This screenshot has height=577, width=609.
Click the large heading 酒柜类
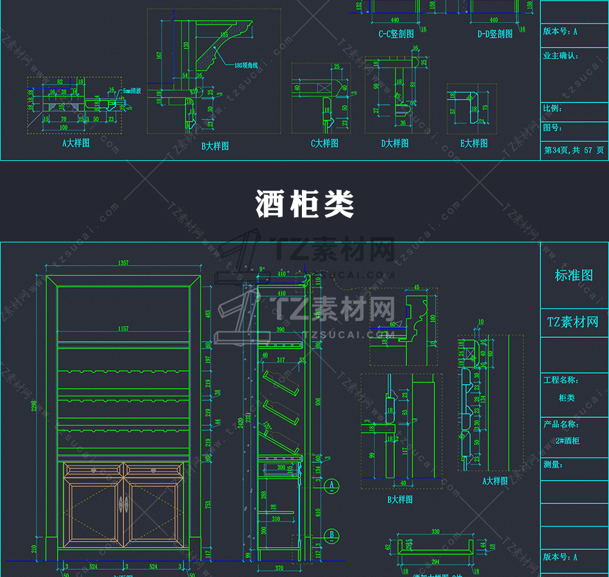(305, 205)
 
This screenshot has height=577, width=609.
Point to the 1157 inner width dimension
(123, 329)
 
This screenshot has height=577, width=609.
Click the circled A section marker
(331, 485)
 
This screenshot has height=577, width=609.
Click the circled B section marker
(331, 534)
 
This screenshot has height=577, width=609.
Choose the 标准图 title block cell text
(574, 276)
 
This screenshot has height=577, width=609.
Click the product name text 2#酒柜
(568, 441)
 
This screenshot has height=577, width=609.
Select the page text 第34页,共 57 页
(574, 150)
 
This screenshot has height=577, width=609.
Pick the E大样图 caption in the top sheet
(474, 144)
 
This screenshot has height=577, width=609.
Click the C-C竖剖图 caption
(396, 34)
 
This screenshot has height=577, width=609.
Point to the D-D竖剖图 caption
(495, 34)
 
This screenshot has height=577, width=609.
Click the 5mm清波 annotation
(133, 91)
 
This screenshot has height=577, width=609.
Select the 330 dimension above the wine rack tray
(435, 531)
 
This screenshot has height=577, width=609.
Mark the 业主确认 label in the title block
(560, 56)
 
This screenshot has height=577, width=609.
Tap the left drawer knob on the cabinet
(93, 470)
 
